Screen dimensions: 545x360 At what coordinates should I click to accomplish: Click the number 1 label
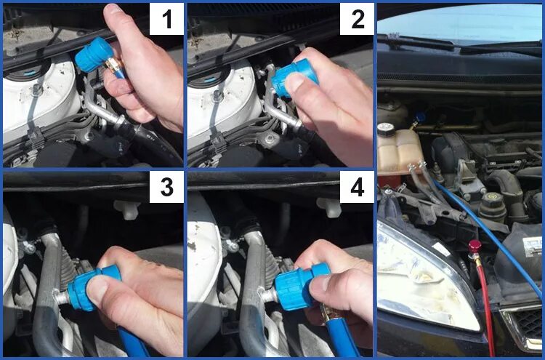click(x=166, y=19)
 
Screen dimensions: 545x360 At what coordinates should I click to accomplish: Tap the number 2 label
click(x=357, y=19)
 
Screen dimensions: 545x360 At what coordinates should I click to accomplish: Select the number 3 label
click(x=166, y=187)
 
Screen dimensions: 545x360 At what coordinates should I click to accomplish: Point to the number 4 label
click(x=357, y=187)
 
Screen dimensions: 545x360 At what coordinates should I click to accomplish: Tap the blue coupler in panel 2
click(x=294, y=78)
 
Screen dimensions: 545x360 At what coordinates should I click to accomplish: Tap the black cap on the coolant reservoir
click(x=386, y=129)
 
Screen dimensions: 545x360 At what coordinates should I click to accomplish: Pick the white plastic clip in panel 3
click(x=128, y=209)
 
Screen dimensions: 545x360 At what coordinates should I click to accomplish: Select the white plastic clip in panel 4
click(x=330, y=208)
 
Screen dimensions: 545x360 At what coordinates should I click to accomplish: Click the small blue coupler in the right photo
click(x=420, y=117)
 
